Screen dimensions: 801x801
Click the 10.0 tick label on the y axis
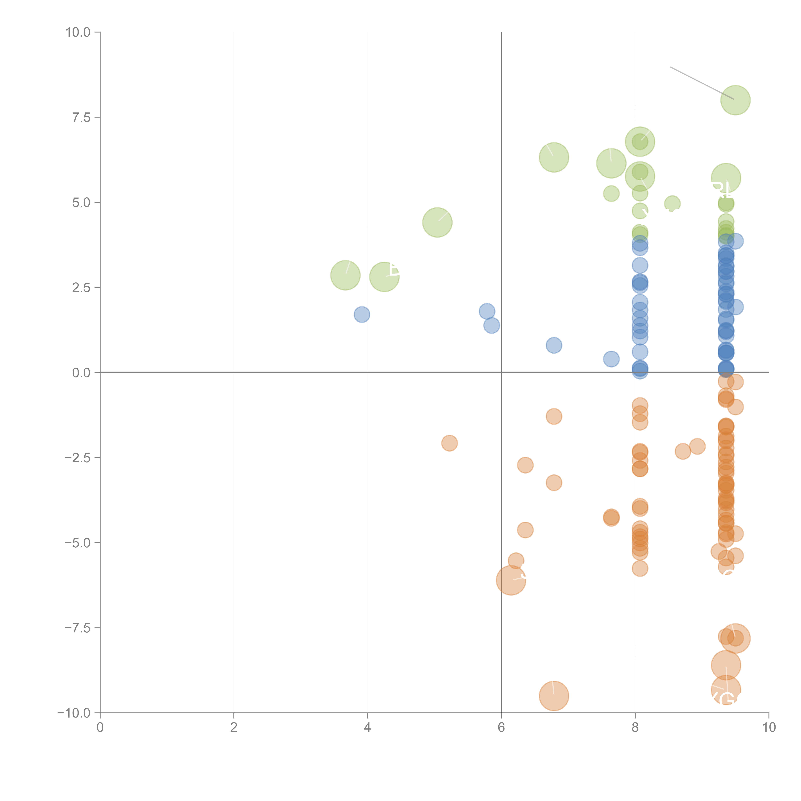[78, 32]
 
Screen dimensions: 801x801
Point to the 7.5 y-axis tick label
[81, 117]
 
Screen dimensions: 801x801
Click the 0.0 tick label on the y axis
[81, 373]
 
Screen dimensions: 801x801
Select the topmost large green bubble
[735, 100]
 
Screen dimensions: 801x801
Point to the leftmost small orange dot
[449, 443]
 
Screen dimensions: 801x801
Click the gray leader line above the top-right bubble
[702, 83]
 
